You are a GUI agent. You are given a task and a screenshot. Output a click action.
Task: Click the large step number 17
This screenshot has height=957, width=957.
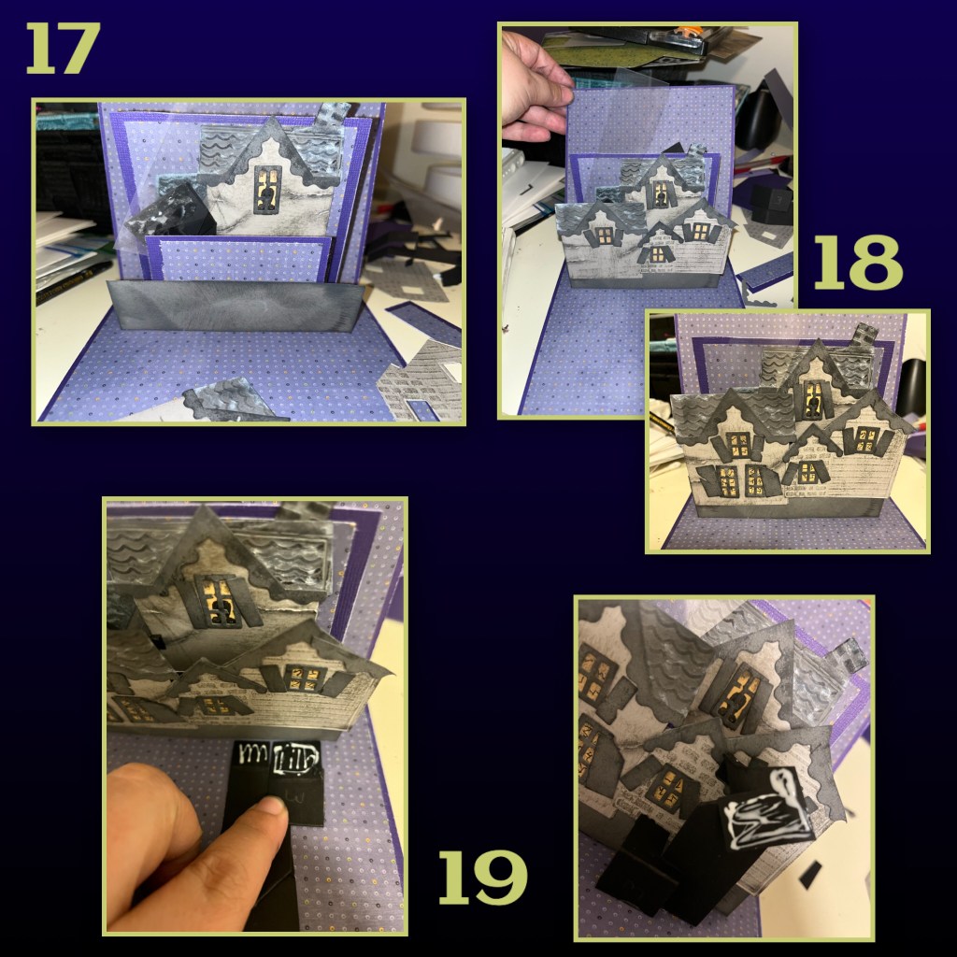click(63, 49)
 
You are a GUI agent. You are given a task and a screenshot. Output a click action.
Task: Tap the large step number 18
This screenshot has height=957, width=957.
click(858, 263)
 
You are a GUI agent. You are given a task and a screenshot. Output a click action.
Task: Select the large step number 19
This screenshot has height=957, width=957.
click(483, 877)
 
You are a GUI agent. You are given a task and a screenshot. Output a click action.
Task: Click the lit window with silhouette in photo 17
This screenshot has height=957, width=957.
click(267, 190)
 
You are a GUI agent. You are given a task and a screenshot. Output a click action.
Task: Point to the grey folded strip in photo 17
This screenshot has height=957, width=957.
click(235, 306)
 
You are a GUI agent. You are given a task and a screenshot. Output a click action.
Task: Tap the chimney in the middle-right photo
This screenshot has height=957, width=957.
click(864, 340)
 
